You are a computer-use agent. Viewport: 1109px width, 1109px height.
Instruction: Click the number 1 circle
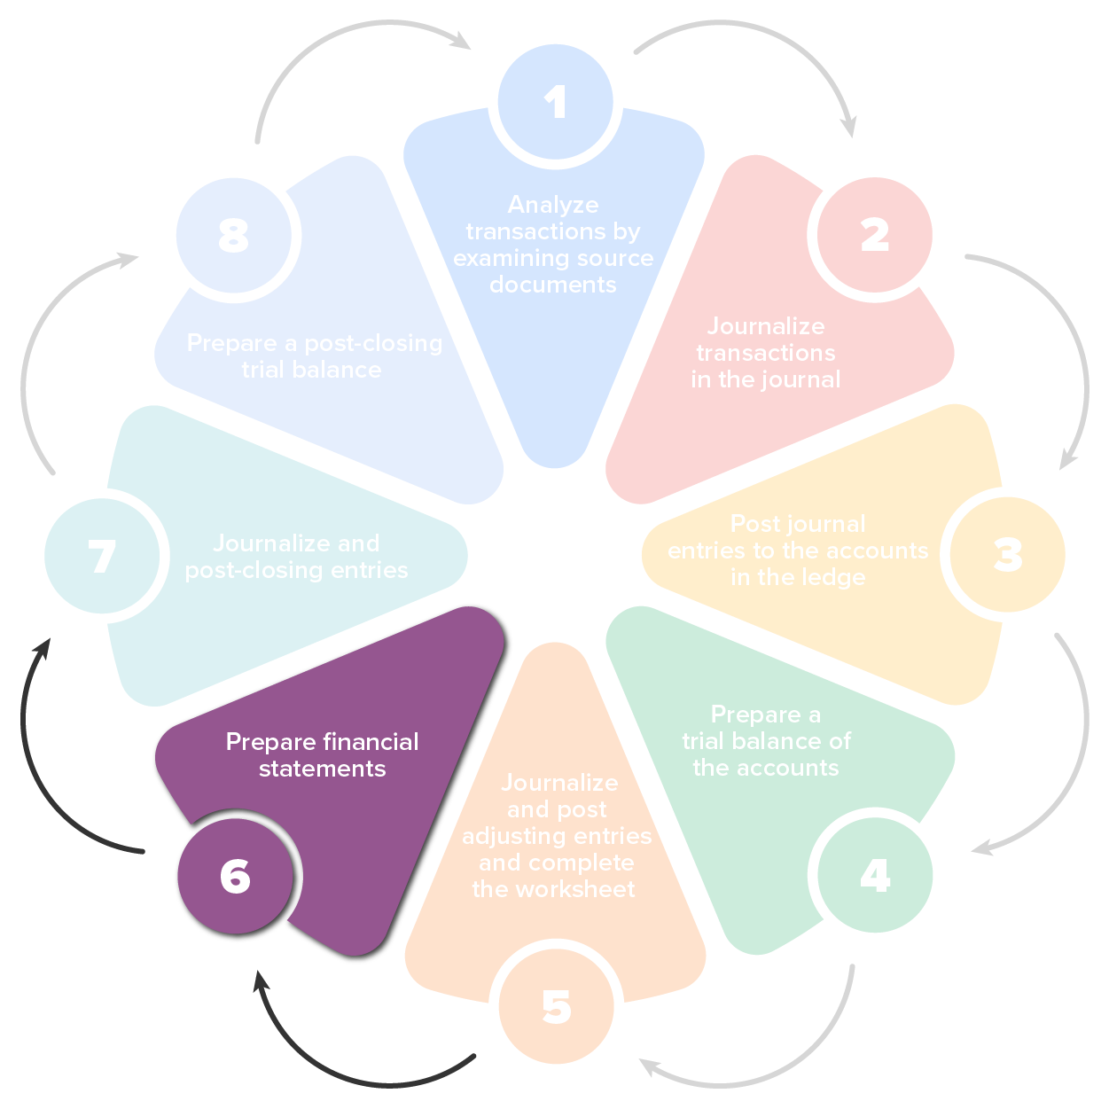[556, 103]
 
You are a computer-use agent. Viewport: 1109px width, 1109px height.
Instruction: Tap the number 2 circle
[874, 235]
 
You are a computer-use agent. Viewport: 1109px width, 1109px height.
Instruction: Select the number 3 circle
[1007, 555]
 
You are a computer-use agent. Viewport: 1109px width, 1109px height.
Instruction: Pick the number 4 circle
[874, 875]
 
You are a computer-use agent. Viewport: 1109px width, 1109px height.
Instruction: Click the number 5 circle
[556, 1007]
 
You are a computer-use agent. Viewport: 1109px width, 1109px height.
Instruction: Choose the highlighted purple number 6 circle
[235, 876]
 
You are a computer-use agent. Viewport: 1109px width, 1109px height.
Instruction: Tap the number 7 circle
[103, 556]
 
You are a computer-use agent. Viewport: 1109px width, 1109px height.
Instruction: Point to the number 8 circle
[234, 235]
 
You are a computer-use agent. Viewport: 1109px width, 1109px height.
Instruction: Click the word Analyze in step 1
[553, 205]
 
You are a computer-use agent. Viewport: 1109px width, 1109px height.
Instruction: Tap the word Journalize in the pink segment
[766, 326]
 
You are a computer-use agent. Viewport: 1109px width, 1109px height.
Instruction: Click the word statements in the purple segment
[322, 769]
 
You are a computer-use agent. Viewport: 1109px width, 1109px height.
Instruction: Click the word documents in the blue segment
[553, 285]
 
